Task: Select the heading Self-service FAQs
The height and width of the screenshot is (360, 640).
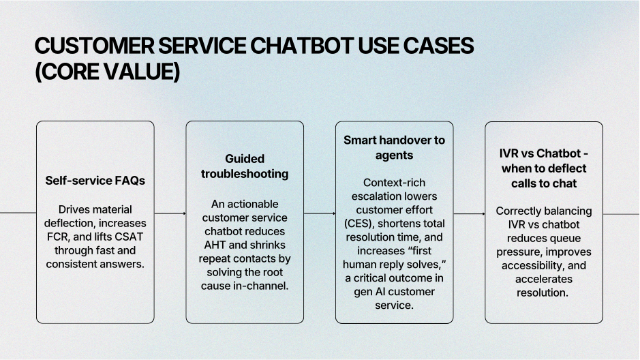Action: tap(95, 181)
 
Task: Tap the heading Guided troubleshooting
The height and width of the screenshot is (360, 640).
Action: tap(244, 166)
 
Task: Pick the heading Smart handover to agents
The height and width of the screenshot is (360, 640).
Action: tap(394, 147)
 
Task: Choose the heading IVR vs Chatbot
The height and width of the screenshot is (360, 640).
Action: tap(544, 168)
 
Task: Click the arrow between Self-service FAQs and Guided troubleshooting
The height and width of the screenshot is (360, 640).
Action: tap(170, 213)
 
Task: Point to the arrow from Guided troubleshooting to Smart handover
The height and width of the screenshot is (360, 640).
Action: tap(320, 213)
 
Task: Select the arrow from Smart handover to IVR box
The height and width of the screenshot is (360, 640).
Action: tap(469, 213)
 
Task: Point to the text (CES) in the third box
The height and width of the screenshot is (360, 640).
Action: tap(360, 223)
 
